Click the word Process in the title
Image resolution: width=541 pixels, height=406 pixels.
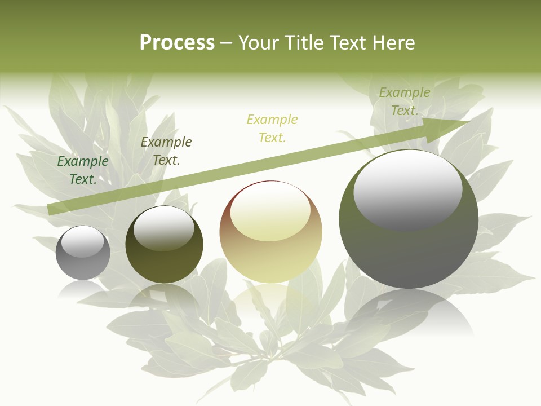[177, 43]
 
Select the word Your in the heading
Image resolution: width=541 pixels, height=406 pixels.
[258, 43]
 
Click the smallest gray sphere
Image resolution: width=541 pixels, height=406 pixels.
[83, 253]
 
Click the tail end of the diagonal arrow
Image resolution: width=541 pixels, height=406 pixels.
[50, 209]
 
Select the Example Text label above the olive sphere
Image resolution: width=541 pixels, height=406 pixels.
[166, 151]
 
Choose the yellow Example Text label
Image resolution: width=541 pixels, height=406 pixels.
[272, 129]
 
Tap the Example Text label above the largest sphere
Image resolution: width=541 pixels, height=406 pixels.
[404, 101]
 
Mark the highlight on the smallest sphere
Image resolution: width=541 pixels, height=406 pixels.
[83, 241]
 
